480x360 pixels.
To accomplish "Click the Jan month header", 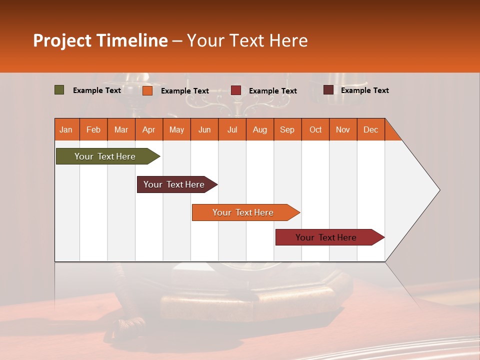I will point(66,129).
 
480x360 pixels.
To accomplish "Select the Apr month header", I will point(148,129).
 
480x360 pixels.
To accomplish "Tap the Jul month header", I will point(232,129).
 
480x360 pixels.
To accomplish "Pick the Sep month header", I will point(287,129).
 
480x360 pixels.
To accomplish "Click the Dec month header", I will point(370,129).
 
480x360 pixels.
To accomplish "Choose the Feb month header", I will point(93,129).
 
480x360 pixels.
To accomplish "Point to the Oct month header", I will point(315,129).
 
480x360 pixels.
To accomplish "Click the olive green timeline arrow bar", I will point(105,156).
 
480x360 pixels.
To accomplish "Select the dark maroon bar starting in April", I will point(174,184).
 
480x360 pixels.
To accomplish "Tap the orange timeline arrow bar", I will point(243,212).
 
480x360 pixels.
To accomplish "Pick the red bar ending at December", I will point(326,237).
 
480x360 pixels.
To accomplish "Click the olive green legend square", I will point(59,90).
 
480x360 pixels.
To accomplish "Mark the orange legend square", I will point(147,90).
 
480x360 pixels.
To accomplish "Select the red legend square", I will point(236,90).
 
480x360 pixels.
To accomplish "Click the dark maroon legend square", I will point(328,90).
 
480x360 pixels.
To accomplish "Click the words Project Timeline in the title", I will point(100,40).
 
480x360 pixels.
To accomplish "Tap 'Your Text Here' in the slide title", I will point(247,40).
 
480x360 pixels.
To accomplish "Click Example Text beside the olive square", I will point(97,90).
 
